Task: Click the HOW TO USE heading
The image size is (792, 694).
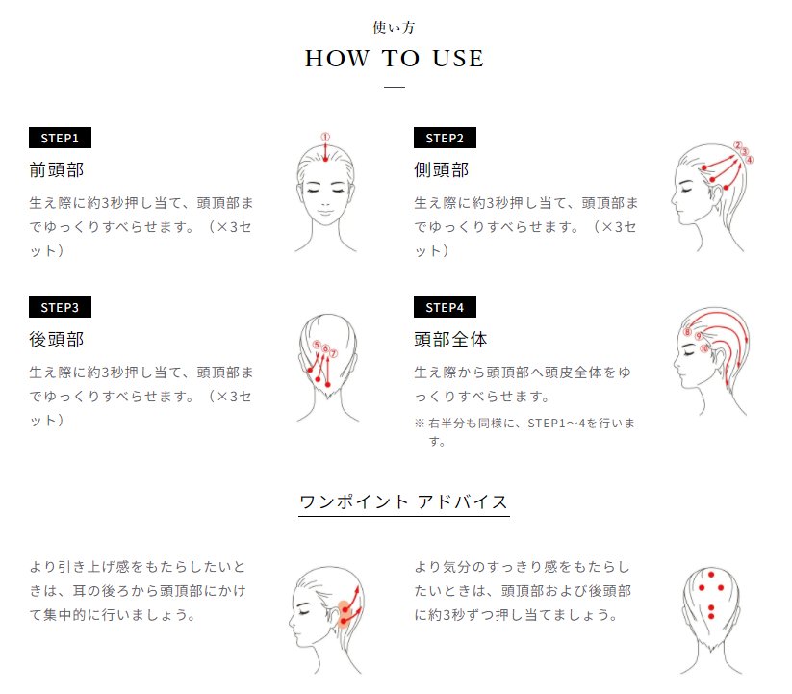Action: click(395, 59)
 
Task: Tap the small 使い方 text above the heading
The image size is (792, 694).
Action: click(395, 27)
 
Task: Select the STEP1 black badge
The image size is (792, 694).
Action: click(60, 138)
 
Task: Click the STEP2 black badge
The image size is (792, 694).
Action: click(445, 138)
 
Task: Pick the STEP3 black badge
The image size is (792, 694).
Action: click(60, 307)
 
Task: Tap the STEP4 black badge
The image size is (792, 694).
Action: click(445, 307)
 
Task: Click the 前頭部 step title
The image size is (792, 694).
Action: click(57, 169)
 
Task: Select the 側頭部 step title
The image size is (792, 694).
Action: click(442, 169)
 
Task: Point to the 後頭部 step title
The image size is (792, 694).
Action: click(57, 339)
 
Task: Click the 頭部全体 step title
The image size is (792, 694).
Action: click(450, 339)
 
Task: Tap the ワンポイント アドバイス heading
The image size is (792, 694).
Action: click(403, 501)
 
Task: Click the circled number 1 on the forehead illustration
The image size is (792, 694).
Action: click(325, 137)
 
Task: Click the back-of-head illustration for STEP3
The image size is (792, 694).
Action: click(326, 366)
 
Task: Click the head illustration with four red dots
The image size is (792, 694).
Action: click(710, 616)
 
